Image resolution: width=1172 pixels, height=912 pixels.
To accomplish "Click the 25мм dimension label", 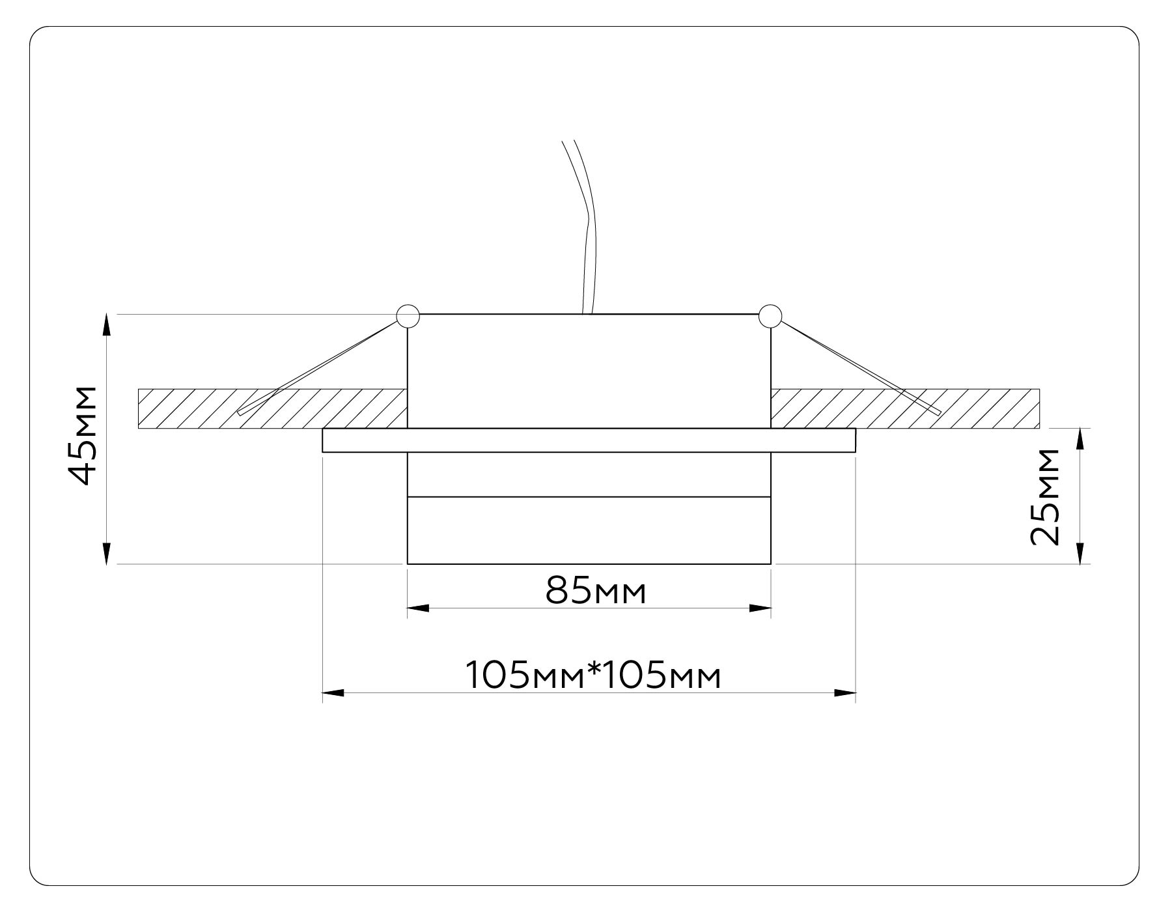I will (x=1044, y=496).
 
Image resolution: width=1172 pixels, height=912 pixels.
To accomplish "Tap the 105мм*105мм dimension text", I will (x=593, y=676).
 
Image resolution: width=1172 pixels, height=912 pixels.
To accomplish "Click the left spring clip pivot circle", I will (x=408, y=315).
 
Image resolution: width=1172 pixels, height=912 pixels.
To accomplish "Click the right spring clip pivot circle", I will (x=770, y=315).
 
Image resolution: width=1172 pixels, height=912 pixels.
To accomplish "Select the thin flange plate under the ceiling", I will (x=589, y=440).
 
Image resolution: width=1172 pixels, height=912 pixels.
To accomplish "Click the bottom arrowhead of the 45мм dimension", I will (x=107, y=555).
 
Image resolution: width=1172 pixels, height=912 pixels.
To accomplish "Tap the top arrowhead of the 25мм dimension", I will (x=1080, y=438).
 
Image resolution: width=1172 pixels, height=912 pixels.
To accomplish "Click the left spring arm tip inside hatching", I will (x=240, y=412).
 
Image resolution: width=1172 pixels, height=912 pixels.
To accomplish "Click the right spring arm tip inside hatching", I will (x=938, y=412).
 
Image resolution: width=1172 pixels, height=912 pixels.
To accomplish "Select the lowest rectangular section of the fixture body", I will (x=589, y=530).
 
